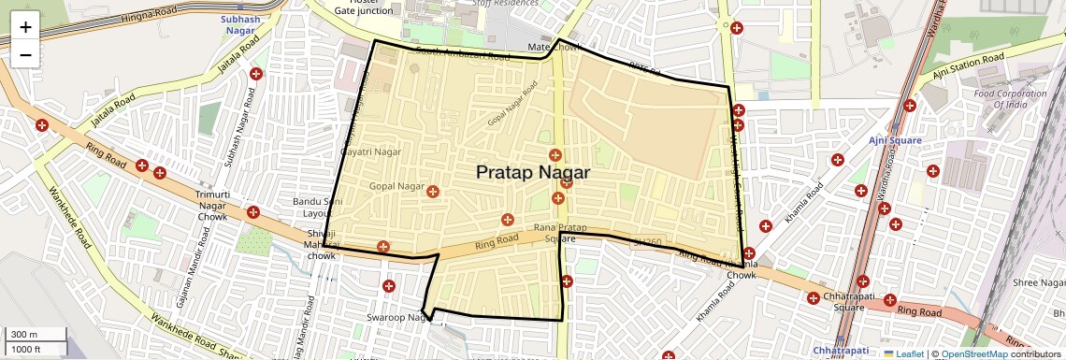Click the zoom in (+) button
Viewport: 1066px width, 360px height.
[x=25, y=26]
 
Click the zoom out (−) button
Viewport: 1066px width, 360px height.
[x=25, y=54]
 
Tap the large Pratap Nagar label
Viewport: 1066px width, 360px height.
[x=533, y=172]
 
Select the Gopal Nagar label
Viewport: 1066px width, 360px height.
[x=397, y=187]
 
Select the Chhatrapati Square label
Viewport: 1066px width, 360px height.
[x=836, y=302]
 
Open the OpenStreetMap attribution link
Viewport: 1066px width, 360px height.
[x=973, y=353]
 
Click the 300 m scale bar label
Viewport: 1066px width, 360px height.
[x=24, y=334]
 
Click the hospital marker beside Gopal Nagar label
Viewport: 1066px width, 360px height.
[x=432, y=191]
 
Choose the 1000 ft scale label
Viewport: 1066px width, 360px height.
[x=27, y=349]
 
